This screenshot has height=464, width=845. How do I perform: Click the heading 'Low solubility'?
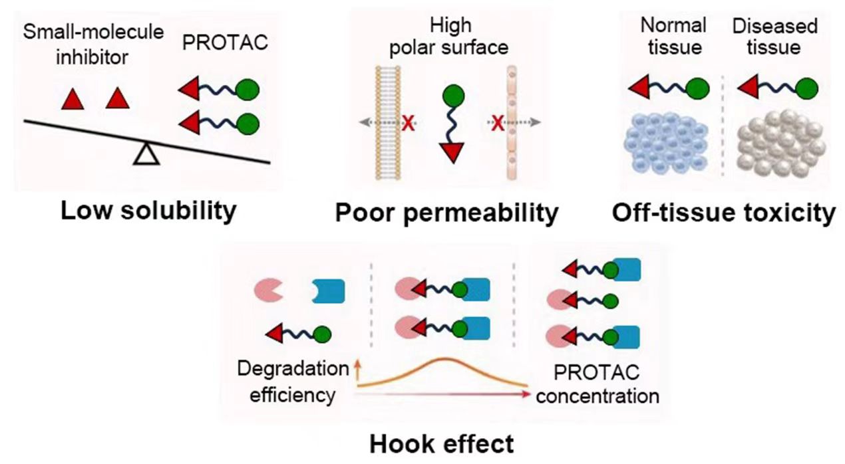[148, 211]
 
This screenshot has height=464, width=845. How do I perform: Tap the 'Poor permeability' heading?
[446, 214]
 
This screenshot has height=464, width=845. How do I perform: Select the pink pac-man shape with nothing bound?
[269, 290]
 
